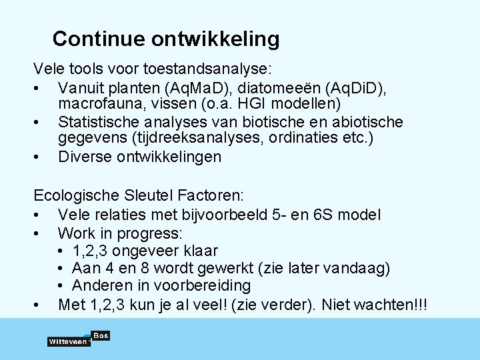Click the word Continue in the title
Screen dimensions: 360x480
(99, 39)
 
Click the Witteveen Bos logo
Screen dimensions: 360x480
(78, 339)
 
